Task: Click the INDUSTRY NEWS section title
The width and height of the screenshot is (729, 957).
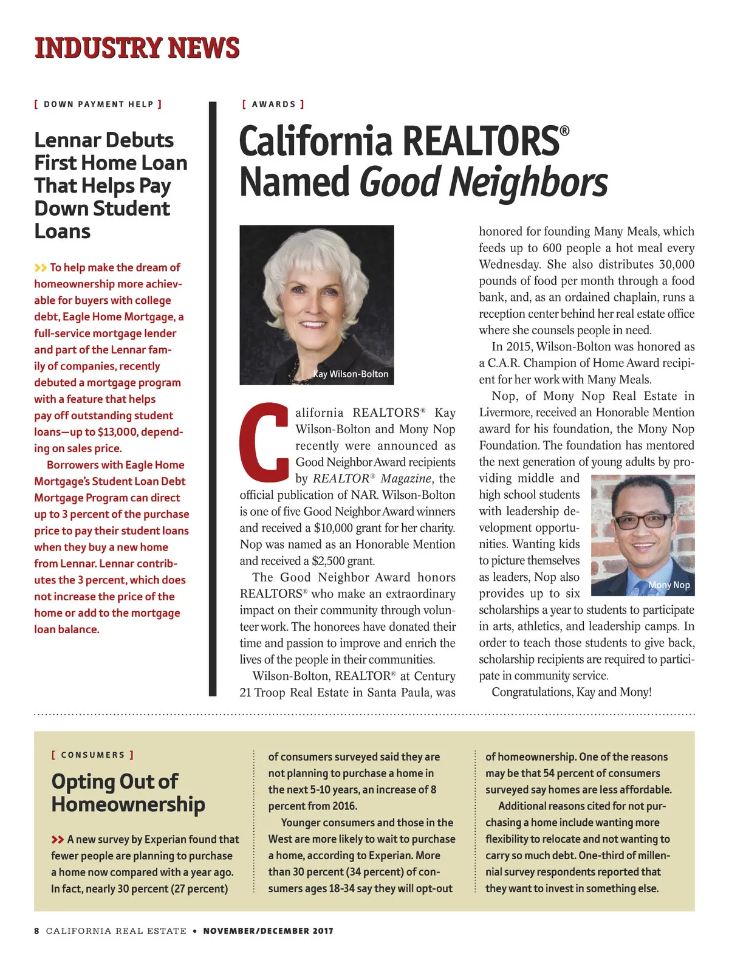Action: [x=137, y=48]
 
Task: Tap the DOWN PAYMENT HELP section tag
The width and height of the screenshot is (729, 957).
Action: [x=98, y=104]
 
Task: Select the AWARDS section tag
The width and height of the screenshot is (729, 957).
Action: [x=273, y=104]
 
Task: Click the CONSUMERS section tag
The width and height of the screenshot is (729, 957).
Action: [x=92, y=755]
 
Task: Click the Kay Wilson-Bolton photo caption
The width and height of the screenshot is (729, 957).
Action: [x=351, y=374]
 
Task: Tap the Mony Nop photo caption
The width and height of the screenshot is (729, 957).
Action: [x=669, y=585]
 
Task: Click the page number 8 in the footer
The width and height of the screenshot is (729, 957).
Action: [x=36, y=931]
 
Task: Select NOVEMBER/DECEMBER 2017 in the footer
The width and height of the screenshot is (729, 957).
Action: [x=268, y=931]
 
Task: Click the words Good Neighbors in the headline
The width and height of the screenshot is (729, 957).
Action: [x=484, y=182]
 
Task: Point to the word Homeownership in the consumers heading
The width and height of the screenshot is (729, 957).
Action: [x=128, y=804]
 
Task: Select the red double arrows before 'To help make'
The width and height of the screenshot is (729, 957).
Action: [x=41, y=267]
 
